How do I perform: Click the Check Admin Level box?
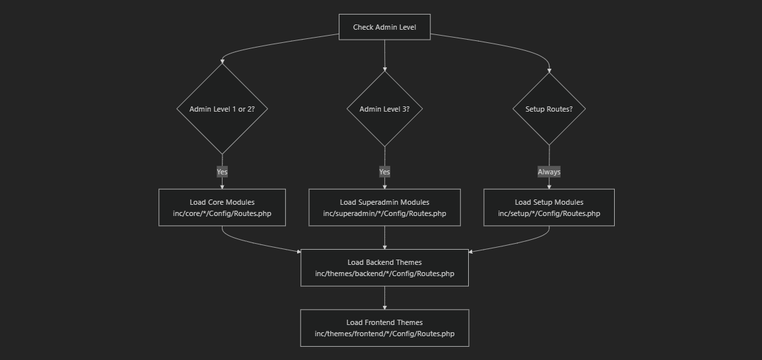384,27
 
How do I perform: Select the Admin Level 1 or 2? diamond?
222,109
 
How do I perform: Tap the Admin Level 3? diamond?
384,109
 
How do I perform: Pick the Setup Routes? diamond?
549,109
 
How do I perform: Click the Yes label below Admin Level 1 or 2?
222,172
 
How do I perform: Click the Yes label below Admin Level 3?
384,172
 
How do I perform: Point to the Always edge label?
549,172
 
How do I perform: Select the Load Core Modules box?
222,202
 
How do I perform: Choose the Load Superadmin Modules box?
384,202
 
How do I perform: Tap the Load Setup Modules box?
549,202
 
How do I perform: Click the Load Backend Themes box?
384,262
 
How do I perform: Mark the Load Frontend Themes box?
384,322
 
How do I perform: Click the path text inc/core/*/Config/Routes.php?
222,213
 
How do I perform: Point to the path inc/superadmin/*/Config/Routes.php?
384,213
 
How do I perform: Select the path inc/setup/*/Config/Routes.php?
549,213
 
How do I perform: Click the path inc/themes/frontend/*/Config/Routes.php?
384,334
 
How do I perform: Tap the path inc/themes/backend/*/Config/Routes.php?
384,273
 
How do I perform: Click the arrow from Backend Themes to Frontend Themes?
384,298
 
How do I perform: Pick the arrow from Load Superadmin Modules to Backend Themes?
384,238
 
